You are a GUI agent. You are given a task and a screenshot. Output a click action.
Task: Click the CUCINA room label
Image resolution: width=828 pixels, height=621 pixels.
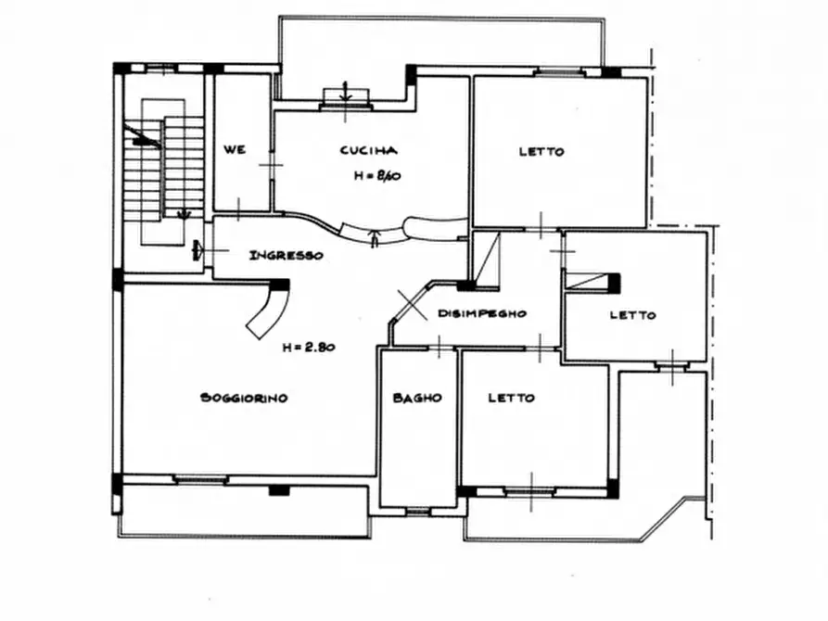click(368, 150)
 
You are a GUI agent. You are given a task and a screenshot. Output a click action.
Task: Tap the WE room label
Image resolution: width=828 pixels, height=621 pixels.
click(235, 149)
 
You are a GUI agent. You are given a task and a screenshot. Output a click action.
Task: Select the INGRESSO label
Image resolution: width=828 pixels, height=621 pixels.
click(287, 256)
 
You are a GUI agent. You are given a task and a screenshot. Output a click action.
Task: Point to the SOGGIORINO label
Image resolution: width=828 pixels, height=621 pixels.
click(244, 398)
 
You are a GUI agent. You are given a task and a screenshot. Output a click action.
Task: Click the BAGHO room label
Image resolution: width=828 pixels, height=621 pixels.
click(417, 398)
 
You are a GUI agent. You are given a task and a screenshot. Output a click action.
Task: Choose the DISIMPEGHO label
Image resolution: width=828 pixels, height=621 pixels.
click(482, 313)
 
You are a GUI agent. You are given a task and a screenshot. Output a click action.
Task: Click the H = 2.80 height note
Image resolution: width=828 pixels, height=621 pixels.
click(309, 347)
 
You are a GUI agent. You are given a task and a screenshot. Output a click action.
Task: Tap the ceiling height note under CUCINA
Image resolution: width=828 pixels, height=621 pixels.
click(377, 176)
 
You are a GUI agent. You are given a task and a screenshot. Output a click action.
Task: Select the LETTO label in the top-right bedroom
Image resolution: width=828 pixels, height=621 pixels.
click(541, 152)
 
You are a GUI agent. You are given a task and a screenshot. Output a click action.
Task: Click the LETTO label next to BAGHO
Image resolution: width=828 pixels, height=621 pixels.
click(511, 398)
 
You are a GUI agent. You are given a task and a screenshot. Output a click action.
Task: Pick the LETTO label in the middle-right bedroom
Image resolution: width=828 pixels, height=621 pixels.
click(632, 315)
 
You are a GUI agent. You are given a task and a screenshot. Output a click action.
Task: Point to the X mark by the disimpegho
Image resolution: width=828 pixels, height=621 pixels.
click(412, 305)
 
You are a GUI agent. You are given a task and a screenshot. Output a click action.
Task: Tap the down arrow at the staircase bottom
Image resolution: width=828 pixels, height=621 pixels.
click(184, 214)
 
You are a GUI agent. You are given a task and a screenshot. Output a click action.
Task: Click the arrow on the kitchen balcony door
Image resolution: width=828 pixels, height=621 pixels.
click(345, 92)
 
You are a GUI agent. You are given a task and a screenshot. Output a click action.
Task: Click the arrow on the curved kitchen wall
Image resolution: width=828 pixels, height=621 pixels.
click(375, 238)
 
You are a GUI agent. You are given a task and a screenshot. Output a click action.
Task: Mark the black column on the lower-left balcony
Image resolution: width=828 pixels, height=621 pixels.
click(279, 490)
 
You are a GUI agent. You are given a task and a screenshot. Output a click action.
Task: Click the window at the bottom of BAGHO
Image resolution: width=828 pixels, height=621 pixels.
click(418, 511)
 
